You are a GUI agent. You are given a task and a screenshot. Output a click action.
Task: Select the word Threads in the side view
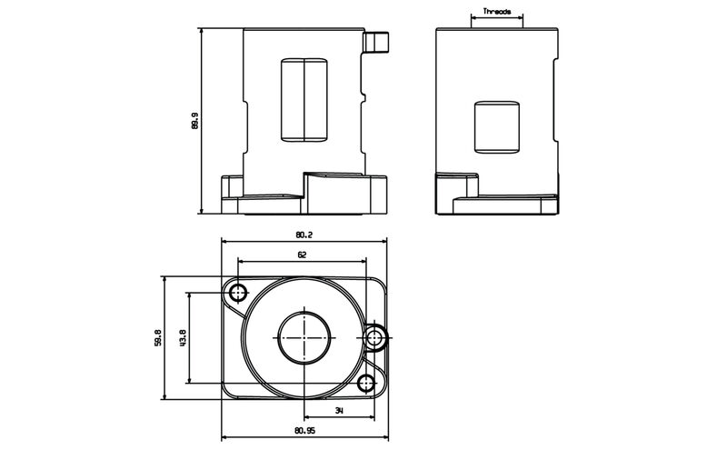click(497, 12)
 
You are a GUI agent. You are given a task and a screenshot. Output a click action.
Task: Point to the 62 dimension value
click(302, 255)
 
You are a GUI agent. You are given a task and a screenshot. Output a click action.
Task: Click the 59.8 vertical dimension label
click(157, 337)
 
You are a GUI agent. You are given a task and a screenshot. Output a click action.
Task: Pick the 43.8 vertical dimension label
click(183, 337)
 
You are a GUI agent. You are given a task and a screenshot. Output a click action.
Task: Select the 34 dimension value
click(339, 412)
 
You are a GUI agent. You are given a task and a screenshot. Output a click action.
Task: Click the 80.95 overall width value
click(305, 431)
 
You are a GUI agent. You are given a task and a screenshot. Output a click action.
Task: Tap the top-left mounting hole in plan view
click(239, 293)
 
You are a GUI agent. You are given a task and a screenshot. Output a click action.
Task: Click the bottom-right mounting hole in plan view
click(366, 383)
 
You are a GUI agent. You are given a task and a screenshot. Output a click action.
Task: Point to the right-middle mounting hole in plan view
click(375, 337)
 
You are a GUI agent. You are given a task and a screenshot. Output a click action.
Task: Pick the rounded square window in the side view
click(496, 127)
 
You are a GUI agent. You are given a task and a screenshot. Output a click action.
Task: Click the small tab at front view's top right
click(376, 42)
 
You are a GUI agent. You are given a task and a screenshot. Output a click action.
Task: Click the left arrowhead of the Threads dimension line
click(473, 18)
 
